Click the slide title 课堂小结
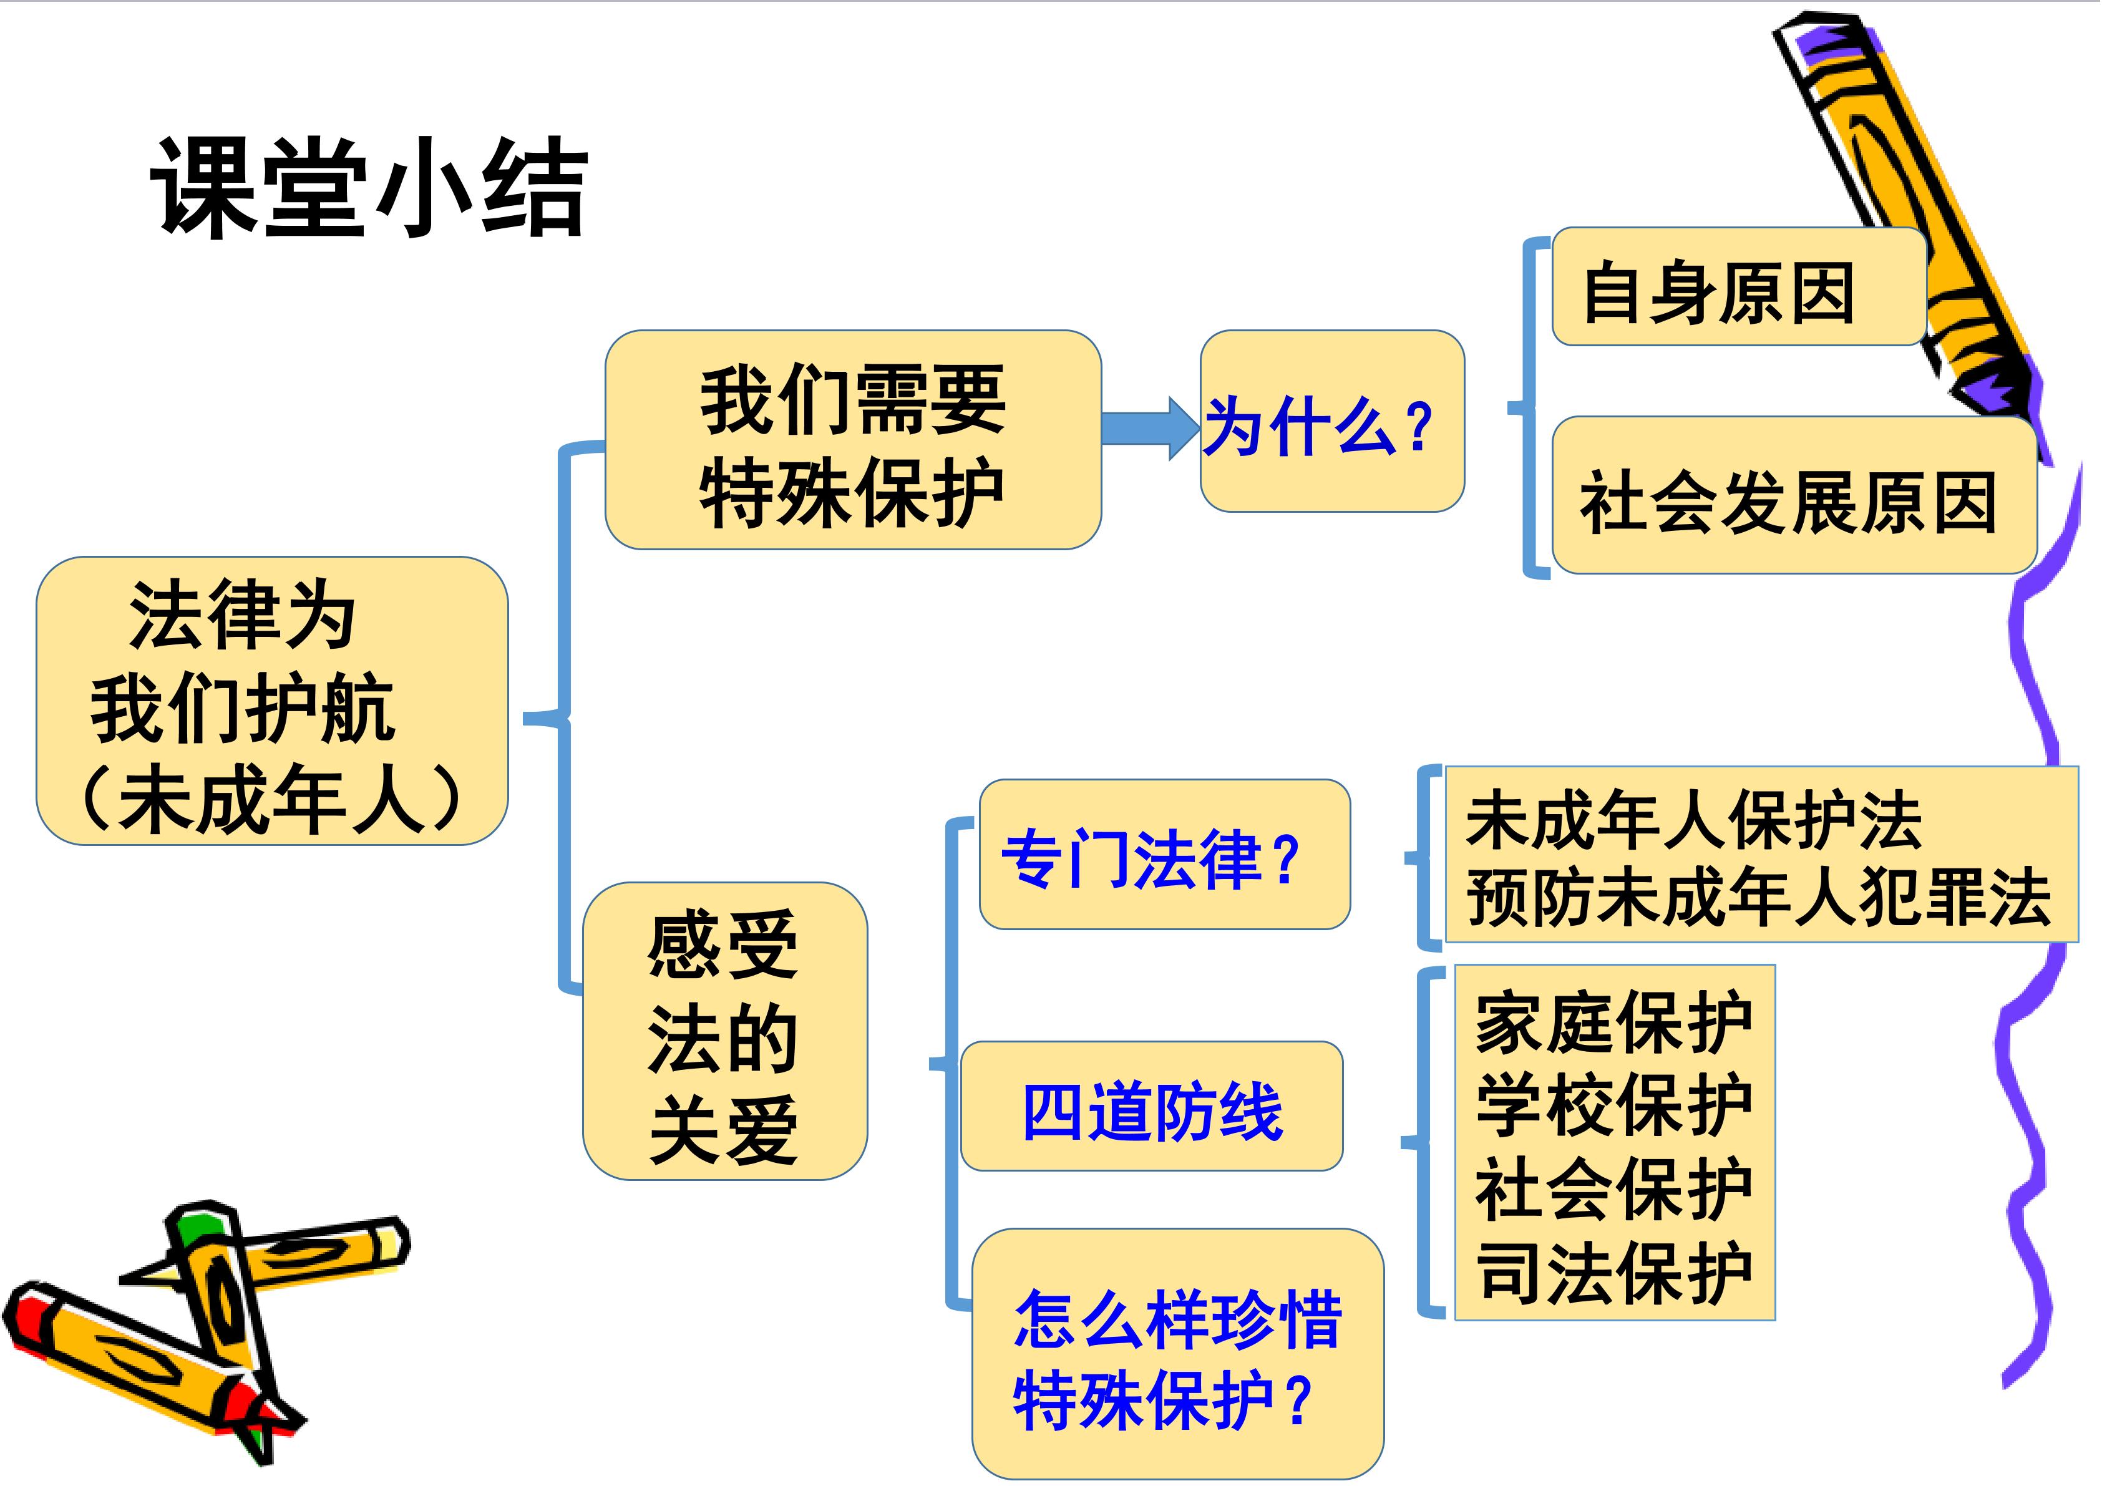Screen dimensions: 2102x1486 coord(369,188)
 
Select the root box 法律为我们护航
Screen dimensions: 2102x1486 coord(272,701)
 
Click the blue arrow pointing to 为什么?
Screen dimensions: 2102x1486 coord(1150,427)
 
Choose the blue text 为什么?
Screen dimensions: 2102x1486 coord(1318,427)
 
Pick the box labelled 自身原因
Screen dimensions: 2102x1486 coord(1738,286)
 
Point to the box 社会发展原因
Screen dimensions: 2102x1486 coord(1794,495)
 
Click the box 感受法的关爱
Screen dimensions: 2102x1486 coord(725,1031)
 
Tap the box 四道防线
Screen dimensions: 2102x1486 coord(1152,1106)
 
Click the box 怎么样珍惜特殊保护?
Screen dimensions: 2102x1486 coord(1177,1354)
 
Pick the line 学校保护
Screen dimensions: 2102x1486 coord(1614,1104)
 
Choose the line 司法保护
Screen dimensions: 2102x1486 coord(1614,1272)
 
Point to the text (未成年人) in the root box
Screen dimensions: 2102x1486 coord(272,799)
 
